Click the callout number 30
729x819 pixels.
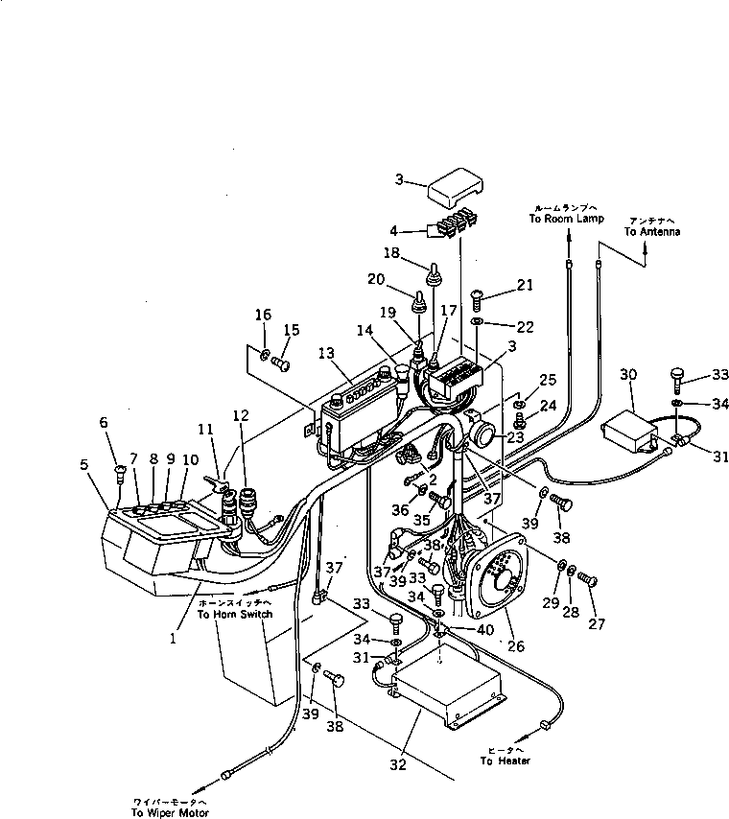pos(628,374)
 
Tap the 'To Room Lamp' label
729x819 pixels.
pos(566,219)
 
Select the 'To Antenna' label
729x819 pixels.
pos(643,231)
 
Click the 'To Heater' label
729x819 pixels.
pos(505,760)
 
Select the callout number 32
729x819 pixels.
pos(398,764)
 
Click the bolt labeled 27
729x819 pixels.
pos(590,579)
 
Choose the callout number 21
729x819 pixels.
pos(523,284)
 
